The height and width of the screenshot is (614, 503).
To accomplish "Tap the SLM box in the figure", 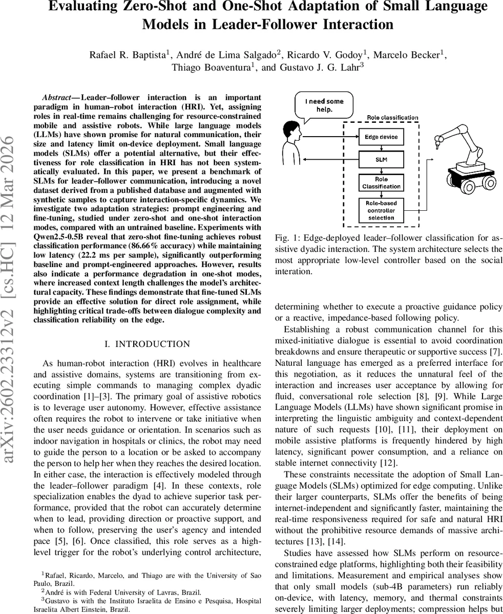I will point(381,160).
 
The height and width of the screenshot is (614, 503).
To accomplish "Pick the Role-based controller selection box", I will point(381,210).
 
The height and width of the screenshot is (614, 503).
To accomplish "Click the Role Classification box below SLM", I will point(381,183).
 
